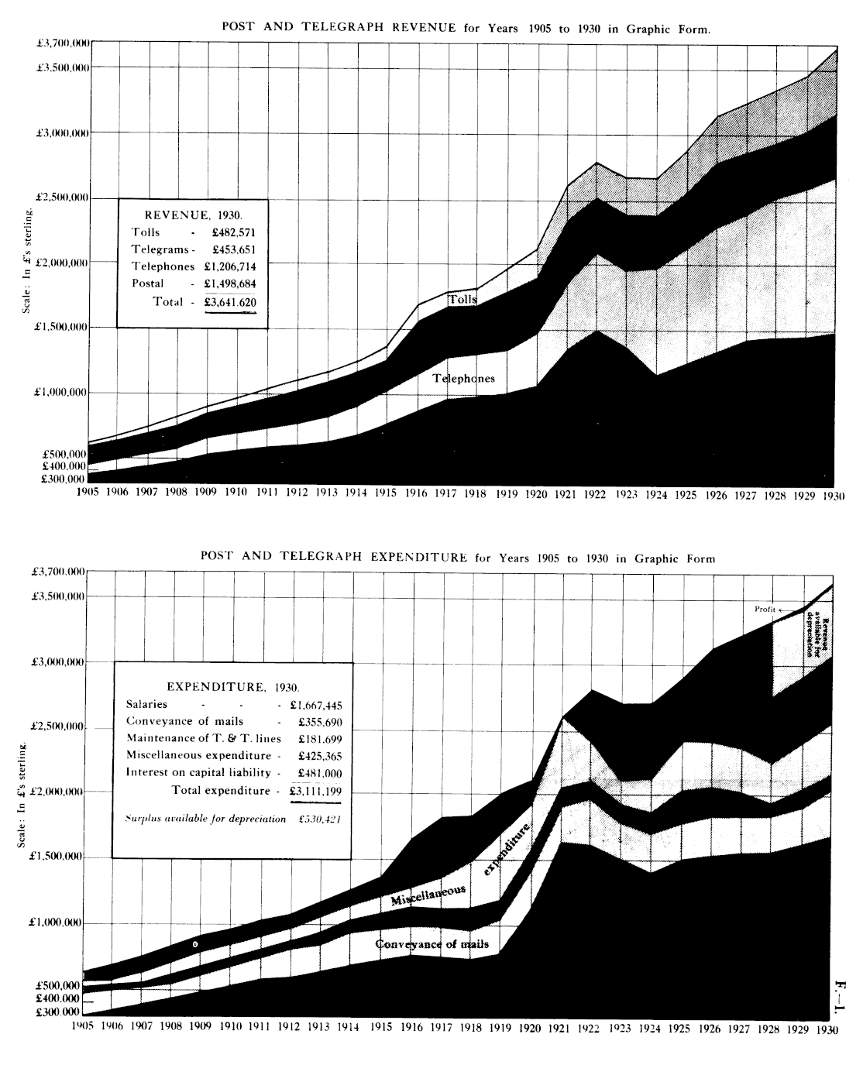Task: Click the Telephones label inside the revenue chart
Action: tap(463, 379)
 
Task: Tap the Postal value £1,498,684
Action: tap(230, 283)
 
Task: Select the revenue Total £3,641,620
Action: tap(230, 302)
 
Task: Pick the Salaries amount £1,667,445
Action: tap(316, 705)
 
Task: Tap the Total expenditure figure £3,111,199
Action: tap(316, 791)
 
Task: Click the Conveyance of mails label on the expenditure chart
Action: tap(437, 944)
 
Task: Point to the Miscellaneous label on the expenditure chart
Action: tap(428, 896)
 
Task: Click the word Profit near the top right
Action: tap(765, 610)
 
